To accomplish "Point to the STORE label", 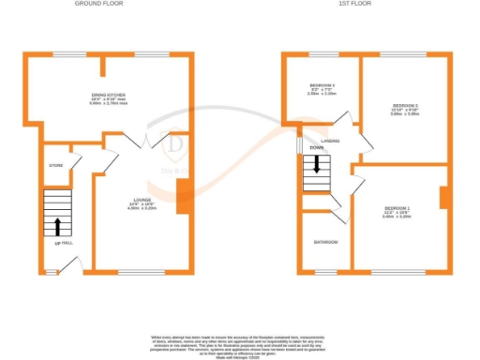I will tap(55, 166).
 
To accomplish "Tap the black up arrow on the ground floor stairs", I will tap(58, 226).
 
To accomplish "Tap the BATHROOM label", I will tap(325, 242).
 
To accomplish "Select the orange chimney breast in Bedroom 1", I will tap(444, 197).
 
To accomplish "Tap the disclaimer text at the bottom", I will tap(239, 341).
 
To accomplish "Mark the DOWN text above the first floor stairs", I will tap(316, 147).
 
